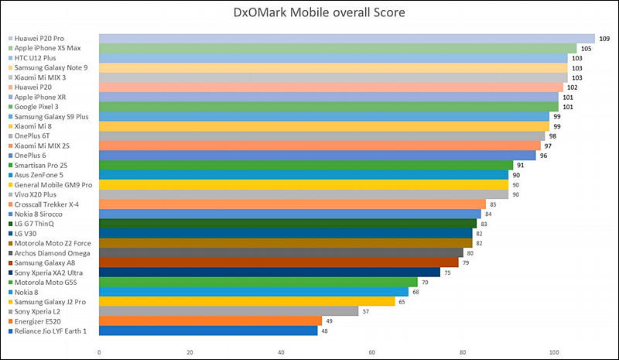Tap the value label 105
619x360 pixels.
coord(586,49)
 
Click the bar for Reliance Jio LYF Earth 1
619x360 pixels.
coord(208,331)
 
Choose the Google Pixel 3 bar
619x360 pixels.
coord(328,107)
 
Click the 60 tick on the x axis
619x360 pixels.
coord(372,351)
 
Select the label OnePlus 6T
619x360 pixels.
coord(36,135)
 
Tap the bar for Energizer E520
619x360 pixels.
coord(210,321)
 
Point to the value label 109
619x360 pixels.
coord(604,39)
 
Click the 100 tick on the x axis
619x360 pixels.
coord(554,351)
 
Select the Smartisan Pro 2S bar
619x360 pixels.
coord(306,165)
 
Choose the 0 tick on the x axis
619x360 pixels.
coord(99,351)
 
